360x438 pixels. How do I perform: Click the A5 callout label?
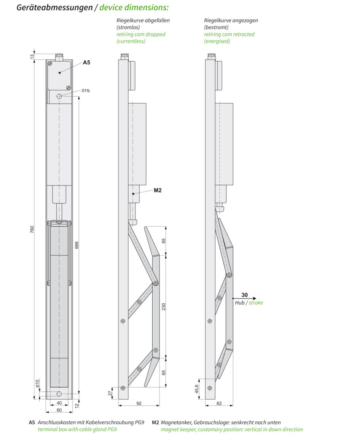tap(86, 62)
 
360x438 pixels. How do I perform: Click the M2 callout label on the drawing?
tap(157, 190)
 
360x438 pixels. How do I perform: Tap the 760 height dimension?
tap(32, 230)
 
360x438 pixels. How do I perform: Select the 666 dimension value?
tap(77, 245)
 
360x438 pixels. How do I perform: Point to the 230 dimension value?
tap(164, 306)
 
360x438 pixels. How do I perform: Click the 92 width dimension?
tap(139, 403)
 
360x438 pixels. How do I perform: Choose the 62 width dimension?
tap(219, 403)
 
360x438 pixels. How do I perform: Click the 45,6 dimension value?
tap(197, 389)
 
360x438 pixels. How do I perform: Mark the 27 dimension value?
tap(110, 393)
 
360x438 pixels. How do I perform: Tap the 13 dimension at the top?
tap(32, 56)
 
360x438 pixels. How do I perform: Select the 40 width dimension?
tap(59, 403)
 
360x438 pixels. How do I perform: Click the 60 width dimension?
tap(59, 410)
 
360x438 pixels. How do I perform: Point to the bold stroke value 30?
tap(245, 295)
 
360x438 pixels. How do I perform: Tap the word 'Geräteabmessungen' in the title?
tap(54, 8)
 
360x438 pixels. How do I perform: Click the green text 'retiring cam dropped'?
tap(141, 34)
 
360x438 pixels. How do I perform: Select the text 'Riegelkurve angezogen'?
tap(231, 21)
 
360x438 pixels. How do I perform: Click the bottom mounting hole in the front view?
tap(59, 394)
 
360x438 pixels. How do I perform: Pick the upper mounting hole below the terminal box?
tap(59, 96)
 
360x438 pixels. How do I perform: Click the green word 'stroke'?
tap(256, 303)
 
